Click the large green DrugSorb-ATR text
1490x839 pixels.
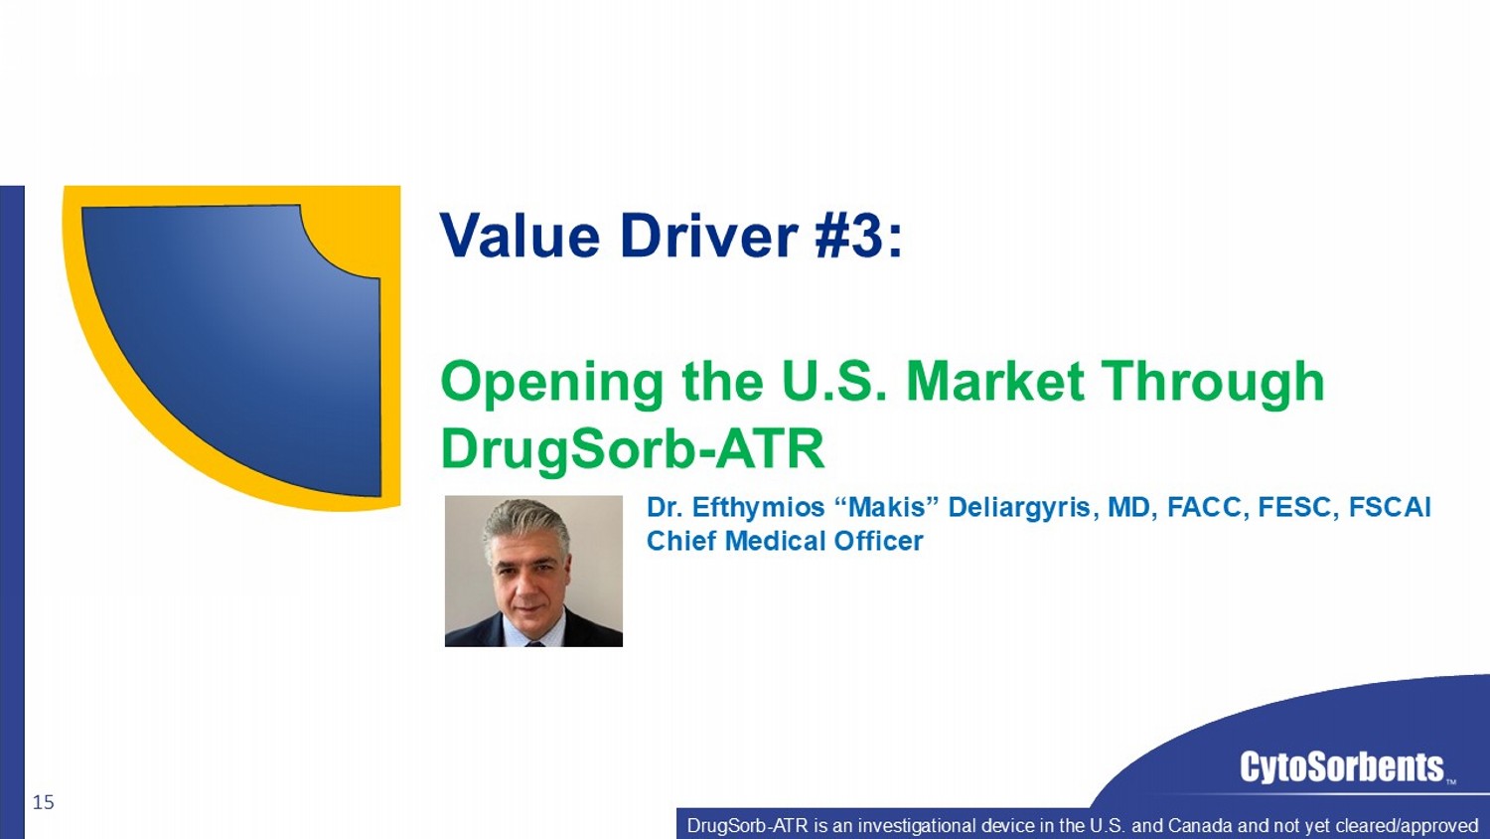point(633,450)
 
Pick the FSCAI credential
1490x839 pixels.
point(1390,507)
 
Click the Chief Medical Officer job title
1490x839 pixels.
point(785,541)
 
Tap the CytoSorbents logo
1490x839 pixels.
point(1342,767)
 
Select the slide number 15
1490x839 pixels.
point(44,802)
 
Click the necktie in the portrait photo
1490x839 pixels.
point(534,644)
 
